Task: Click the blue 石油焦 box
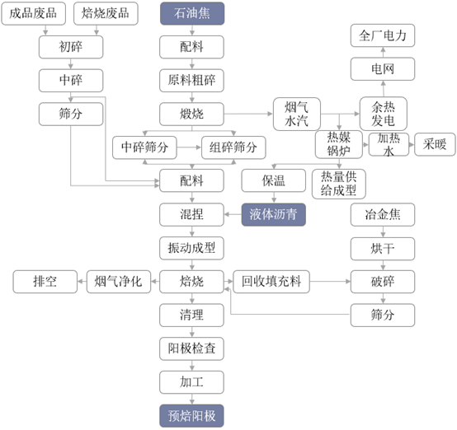click(x=192, y=13)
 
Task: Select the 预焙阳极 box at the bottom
click(x=191, y=416)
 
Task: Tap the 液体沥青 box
click(x=274, y=215)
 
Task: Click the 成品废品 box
click(x=33, y=13)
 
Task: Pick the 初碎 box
click(x=71, y=47)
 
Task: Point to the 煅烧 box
click(x=191, y=115)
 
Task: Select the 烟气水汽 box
click(x=297, y=115)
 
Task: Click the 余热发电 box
click(x=384, y=114)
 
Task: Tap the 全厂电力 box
click(x=383, y=35)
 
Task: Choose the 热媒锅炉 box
click(x=339, y=144)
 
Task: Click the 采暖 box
click(x=436, y=144)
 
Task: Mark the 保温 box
click(x=274, y=180)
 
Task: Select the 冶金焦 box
click(x=383, y=215)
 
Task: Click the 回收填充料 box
click(x=271, y=282)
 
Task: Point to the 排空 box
click(x=45, y=282)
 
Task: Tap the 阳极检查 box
click(x=191, y=348)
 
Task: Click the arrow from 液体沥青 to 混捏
click(x=233, y=215)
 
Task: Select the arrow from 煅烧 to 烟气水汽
click(x=248, y=114)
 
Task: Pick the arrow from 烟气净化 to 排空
click(x=82, y=282)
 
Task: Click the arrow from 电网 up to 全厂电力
click(x=383, y=52)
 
